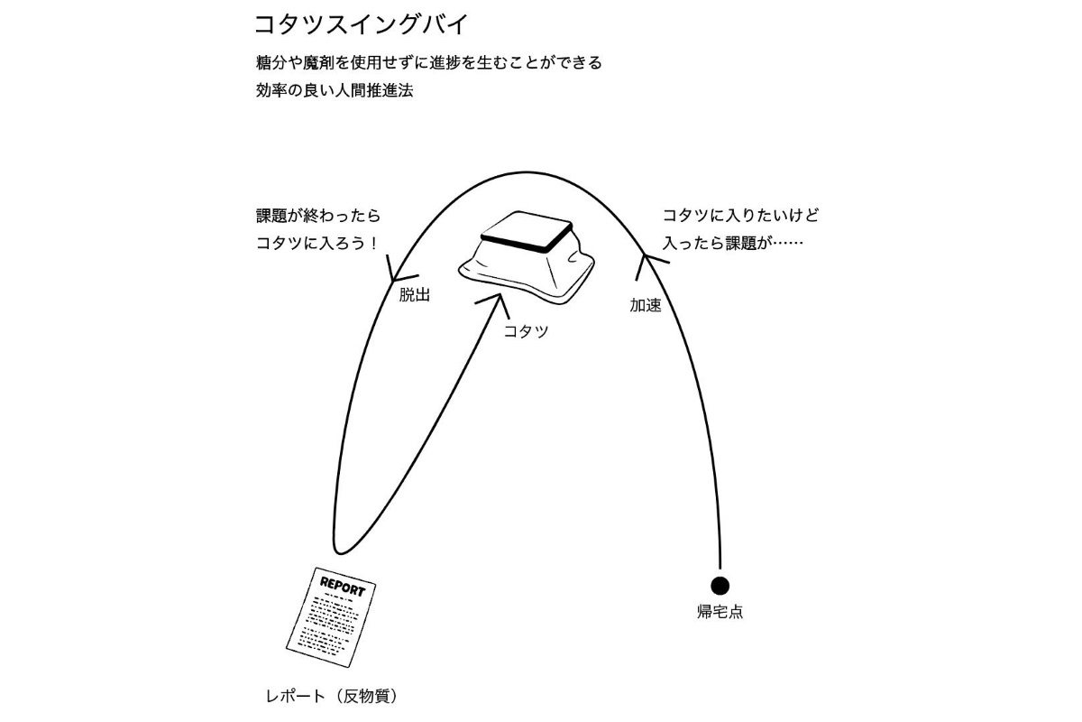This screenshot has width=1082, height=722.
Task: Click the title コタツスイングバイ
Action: pyautogui.click(x=362, y=23)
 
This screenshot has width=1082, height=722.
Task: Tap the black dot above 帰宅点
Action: pyautogui.click(x=720, y=586)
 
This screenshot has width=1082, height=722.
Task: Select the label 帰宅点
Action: pyautogui.click(x=720, y=612)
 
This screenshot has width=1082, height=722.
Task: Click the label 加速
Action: pyautogui.click(x=645, y=306)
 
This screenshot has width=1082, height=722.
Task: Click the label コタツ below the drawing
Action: pyautogui.click(x=526, y=331)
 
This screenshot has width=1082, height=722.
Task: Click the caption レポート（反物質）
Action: pyautogui.click(x=331, y=697)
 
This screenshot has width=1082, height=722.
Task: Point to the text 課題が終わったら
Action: pyautogui.click(x=318, y=217)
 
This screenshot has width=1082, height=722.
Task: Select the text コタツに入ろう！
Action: pyautogui.click(x=316, y=244)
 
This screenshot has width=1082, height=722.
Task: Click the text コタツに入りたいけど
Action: pyautogui.click(x=739, y=217)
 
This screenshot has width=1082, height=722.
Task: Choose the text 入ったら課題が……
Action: pyautogui.click(x=732, y=244)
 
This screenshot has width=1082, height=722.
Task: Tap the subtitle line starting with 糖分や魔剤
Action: pyautogui.click(x=428, y=63)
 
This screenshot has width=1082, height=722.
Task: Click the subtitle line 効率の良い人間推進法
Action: pyautogui.click(x=334, y=90)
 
